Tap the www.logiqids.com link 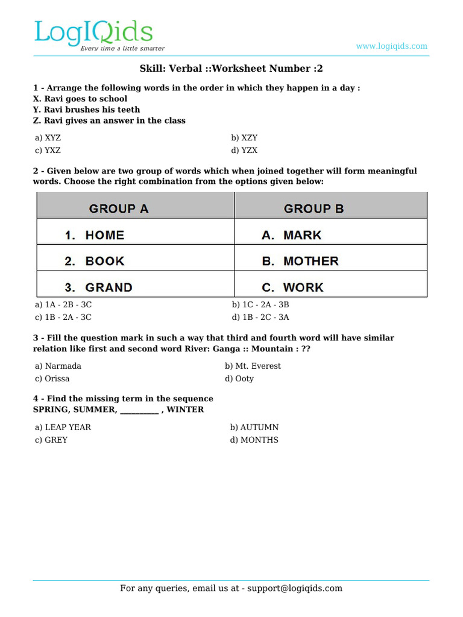(391, 46)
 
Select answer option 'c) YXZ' (48, 151)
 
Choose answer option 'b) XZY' (244, 138)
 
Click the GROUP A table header (119, 209)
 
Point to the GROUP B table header (313, 209)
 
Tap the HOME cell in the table (104, 235)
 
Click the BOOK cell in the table (104, 261)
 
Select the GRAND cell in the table (109, 287)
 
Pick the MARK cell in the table (302, 235)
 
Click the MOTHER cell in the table (310, 261)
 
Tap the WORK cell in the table (303, 287)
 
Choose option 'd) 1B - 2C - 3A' (260, 317)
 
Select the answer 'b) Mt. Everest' (253, 366)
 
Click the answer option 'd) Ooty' (239, 378)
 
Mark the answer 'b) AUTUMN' (254, 427)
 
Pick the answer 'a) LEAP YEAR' (63, 427)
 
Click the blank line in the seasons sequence (139, 410)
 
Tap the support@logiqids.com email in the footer (294, 589)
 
